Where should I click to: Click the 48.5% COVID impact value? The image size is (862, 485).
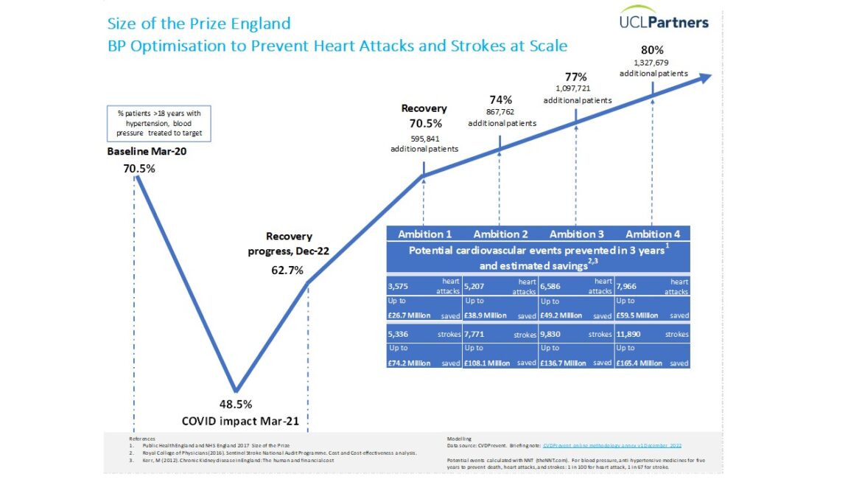pos(236,404)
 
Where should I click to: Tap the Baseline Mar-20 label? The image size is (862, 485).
pos(142,152)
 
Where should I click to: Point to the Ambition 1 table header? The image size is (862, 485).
pos(425,234)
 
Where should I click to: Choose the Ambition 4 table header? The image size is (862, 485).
pos(652,234)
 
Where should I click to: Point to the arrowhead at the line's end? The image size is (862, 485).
pos(704,77)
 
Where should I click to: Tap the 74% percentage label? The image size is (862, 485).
pos(500,100)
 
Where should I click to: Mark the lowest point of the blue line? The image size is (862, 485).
pos(236,391)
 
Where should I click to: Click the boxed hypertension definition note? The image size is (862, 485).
pos(159,122)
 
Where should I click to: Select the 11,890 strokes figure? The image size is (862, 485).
pos(628,334)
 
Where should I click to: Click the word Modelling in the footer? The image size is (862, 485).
pos(460,439)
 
